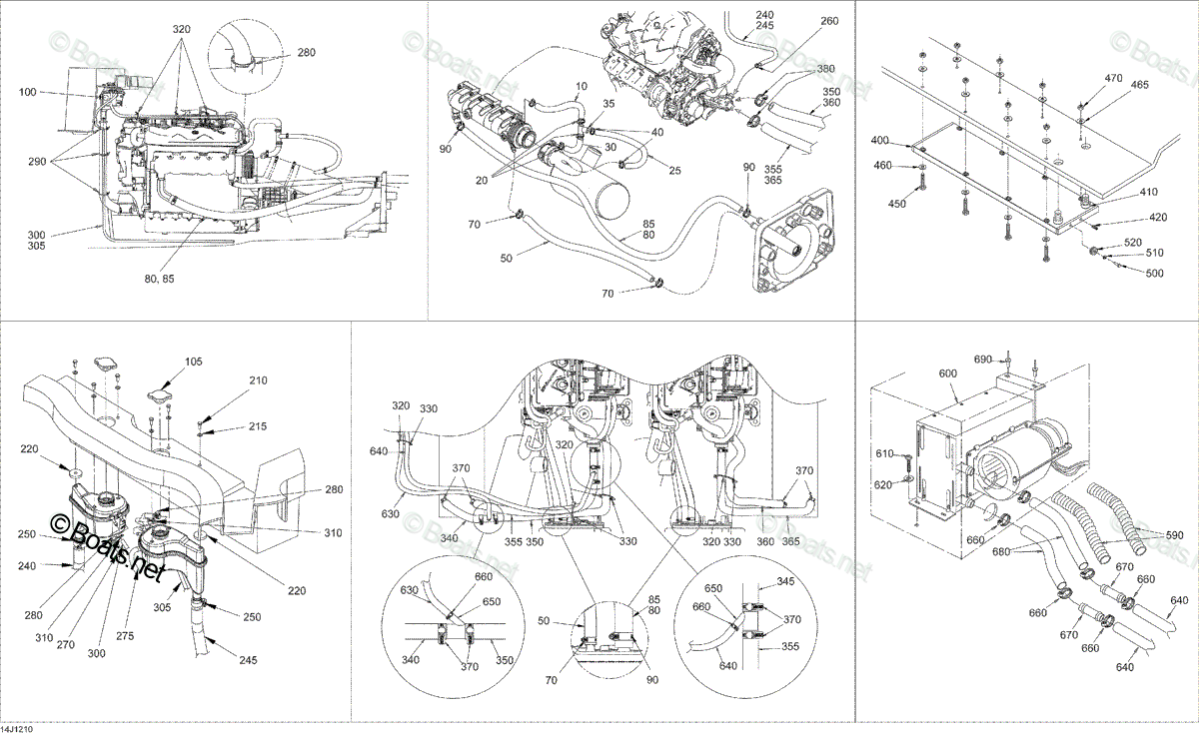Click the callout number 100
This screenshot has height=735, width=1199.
28,92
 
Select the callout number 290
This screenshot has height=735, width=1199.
38,162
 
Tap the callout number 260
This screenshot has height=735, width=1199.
829,21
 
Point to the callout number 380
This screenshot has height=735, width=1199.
826,69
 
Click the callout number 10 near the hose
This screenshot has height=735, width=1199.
582,86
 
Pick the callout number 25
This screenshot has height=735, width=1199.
675,170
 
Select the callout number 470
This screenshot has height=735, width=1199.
1113,78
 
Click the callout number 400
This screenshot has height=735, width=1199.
879,141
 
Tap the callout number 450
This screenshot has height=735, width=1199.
897,204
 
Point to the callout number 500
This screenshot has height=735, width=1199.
1155,274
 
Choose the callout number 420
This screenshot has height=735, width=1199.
1157,217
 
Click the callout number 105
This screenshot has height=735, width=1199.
193,362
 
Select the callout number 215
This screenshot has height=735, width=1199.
258,426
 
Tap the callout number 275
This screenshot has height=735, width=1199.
125,636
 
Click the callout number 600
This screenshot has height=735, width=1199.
947,373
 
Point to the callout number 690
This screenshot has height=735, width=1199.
983,360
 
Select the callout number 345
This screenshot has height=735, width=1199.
785,581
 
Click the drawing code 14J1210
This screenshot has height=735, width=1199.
17,730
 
